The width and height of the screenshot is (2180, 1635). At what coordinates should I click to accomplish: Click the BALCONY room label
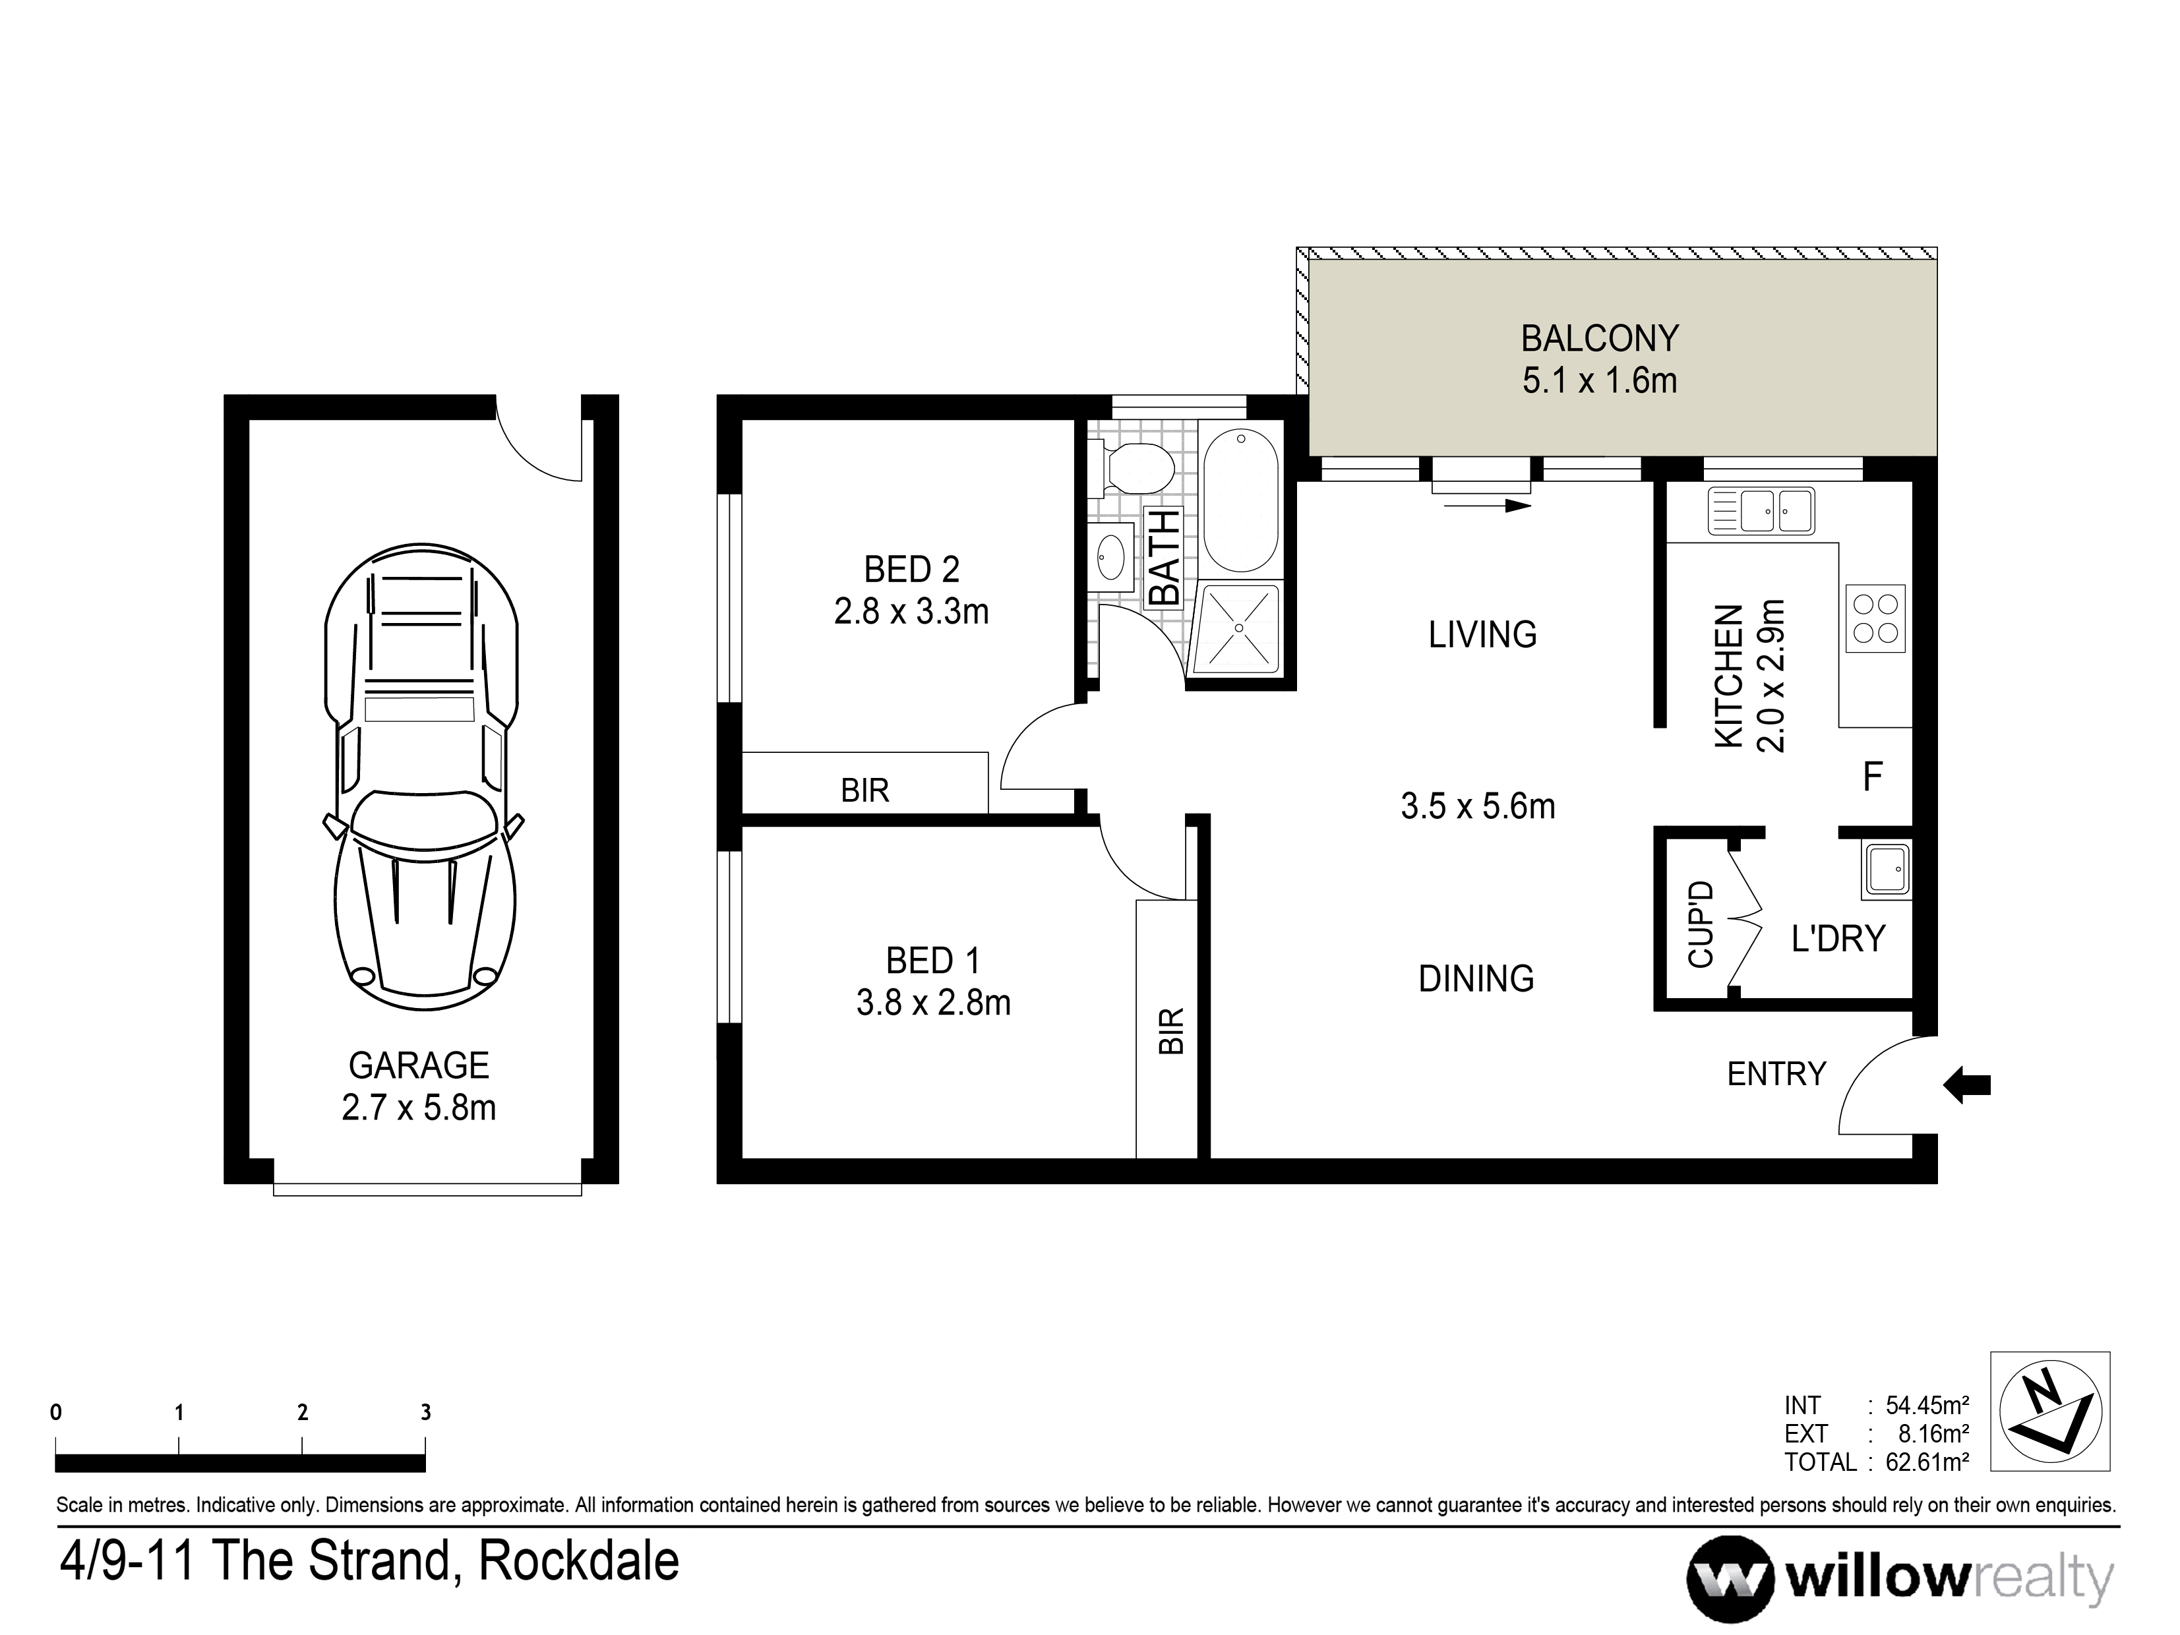click(1598, 339)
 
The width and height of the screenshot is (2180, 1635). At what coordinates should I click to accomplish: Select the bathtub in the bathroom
click(1241, 500)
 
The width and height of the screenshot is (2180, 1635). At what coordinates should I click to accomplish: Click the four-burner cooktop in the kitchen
click(1875, 618)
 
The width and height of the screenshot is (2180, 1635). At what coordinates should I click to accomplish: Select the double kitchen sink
click(1761, 510)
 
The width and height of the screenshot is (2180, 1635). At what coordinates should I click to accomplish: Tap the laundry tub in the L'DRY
click(1885, 871)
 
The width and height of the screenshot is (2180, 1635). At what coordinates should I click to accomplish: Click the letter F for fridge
click(1873, 777)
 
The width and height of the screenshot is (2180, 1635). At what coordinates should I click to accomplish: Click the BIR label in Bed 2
click(864, 790)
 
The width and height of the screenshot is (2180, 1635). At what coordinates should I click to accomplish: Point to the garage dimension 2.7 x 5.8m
click(419, 1108)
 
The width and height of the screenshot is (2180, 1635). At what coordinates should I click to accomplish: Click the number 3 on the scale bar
click(426, 1412)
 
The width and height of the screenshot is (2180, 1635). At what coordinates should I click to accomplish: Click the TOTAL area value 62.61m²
click(1927, 1462)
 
